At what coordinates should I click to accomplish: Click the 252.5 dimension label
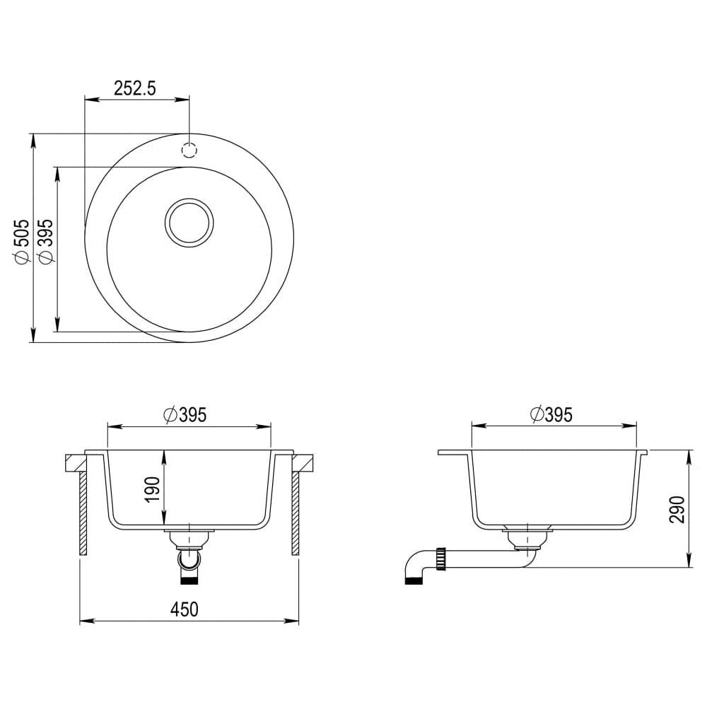[x=134, y=88]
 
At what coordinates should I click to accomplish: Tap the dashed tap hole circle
[x=189, y=150]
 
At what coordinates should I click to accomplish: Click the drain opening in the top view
[x=189, y=223]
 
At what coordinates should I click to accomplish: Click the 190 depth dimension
[x=153, y=489]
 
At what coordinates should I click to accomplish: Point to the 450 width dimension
[x=185, y=609]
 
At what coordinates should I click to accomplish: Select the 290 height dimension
[x=677, y=509]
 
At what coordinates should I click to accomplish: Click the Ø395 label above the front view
[x=185, y=415]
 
